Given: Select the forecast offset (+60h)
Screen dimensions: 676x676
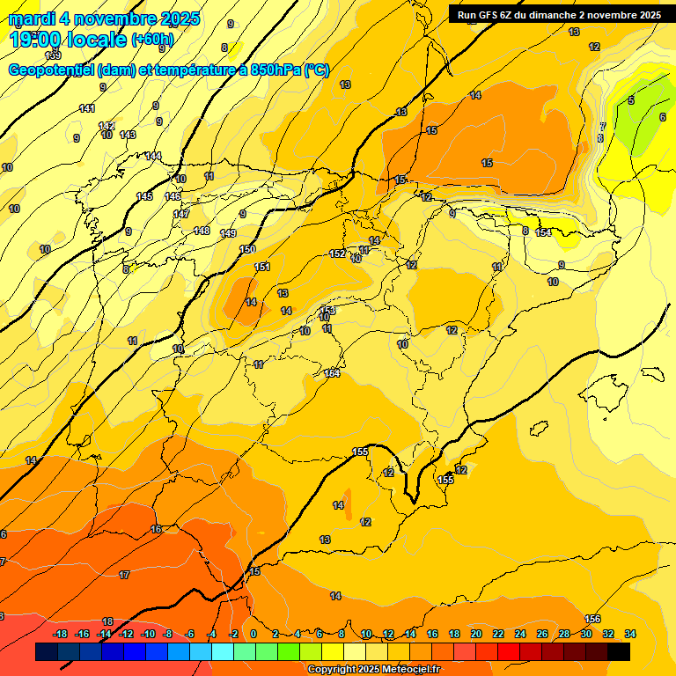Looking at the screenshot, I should (153, 40).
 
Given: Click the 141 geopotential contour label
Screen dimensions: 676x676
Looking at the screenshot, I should (87, 108).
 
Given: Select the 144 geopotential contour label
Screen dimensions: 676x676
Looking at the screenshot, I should (153, 156).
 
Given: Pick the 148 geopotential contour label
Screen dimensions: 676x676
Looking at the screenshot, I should (202, 231).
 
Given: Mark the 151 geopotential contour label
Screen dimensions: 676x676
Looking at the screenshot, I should (262, 267).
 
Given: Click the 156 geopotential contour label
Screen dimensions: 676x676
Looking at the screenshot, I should (592, 619).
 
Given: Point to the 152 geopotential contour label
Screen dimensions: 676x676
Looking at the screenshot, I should (337, 253).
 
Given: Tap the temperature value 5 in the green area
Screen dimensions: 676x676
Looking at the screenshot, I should (630, 101).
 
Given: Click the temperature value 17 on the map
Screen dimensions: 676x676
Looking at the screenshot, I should (124, 575).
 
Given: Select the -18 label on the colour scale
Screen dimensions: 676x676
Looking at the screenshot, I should (61, 635).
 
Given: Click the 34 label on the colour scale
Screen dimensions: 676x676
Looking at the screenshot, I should (630, 635).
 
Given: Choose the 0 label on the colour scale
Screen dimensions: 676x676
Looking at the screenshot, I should (253, 635).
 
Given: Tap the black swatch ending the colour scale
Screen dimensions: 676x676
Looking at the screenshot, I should (619, 652).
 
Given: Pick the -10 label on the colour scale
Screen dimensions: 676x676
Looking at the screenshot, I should (148, 635).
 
